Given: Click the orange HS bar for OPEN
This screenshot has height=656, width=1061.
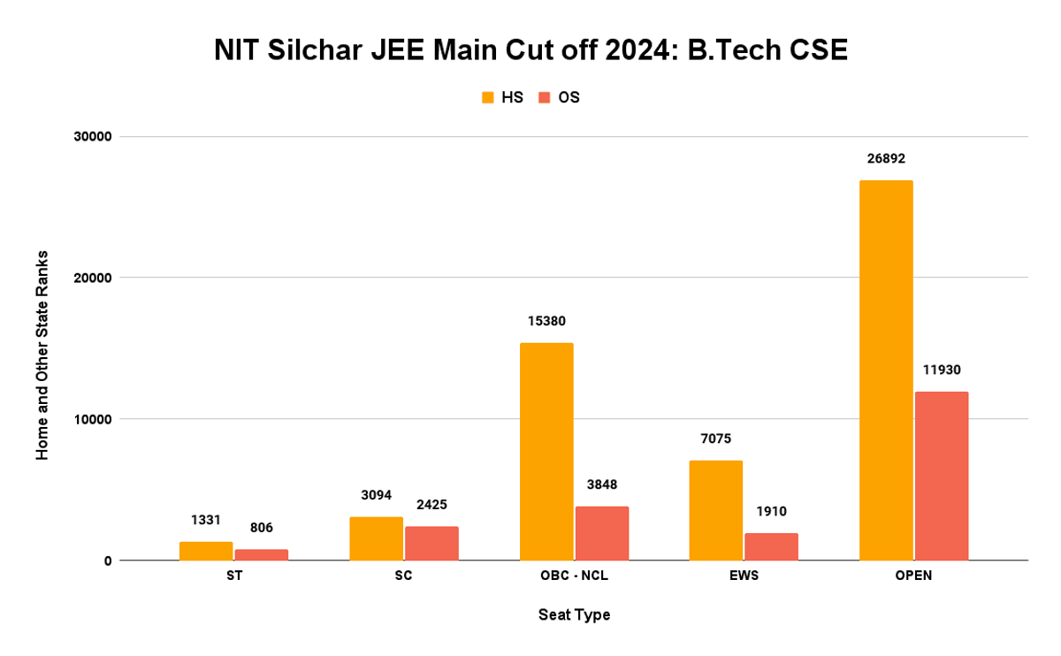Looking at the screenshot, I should pos(886,370).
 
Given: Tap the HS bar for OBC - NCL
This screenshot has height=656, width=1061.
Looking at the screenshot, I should pos(546,451).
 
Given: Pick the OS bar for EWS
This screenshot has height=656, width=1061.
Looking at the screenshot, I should pos(771,546).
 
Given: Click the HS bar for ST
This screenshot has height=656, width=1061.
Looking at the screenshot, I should pos(206,551).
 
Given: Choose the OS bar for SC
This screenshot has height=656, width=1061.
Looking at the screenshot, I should pos(431,543).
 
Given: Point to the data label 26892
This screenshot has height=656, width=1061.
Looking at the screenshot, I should pos(886,159).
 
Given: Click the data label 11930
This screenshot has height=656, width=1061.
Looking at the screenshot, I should pos(942,370).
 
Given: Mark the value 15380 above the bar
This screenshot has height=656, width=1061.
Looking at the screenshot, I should pos(546,322).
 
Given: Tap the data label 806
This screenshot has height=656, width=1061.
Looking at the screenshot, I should pos(262,528).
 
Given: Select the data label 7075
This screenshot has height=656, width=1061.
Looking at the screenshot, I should pos(715,439).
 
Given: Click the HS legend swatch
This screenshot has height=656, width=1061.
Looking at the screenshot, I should pos(487,97).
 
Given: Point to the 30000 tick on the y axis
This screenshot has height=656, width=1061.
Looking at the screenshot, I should pos(90,137).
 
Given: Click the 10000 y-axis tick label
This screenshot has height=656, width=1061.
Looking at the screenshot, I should pos(90,419).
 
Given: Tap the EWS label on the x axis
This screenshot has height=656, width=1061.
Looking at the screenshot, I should pos(744,576).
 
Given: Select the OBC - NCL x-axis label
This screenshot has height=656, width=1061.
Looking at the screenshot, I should pos(574,576).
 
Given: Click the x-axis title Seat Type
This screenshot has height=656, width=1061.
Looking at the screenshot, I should pos(574,614).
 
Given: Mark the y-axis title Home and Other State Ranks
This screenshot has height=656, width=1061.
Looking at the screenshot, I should pos(42,355).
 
